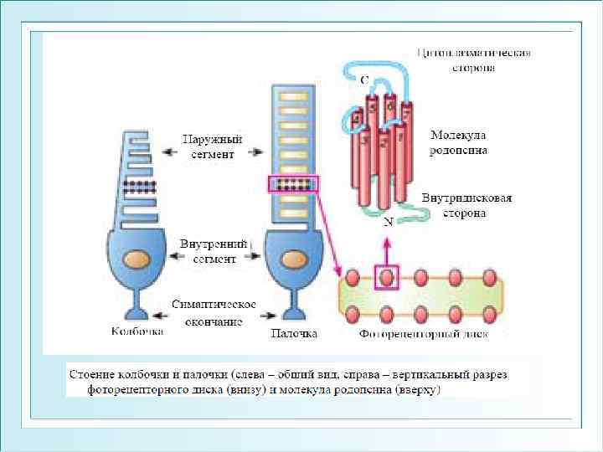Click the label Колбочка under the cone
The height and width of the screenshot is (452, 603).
click(137, 332)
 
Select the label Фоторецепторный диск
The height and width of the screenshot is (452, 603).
click(423, 335)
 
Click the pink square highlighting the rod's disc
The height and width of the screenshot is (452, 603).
click(292, 185)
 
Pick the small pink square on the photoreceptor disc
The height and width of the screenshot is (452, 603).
click(386, 276)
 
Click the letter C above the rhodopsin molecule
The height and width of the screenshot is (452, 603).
click(363, 80)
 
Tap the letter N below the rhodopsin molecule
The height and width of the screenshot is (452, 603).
click(388, 223)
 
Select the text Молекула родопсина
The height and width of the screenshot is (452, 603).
click(458, 142)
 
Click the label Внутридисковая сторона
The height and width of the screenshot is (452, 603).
click(466, 206)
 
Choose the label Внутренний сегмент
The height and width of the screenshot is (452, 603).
click(214, 251)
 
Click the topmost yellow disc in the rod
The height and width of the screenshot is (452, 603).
click(292, 92)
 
